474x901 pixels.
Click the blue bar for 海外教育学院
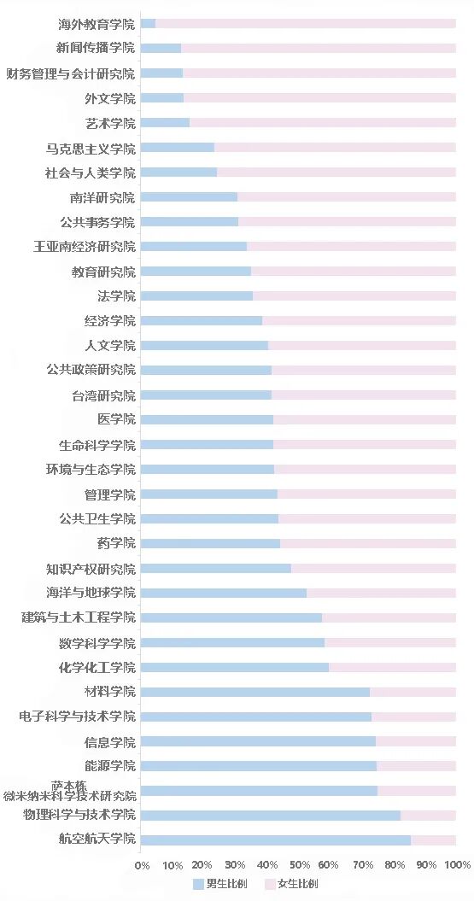click(x=148, y=24)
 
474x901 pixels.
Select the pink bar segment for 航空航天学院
click(x=433, y=840)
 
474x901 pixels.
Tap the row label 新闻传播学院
click(x=96, y=49)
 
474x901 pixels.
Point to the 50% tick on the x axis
click(x=298, y=865)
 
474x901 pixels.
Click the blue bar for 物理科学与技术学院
click(x=270, y=816)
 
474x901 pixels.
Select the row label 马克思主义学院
click(x=91, y=148)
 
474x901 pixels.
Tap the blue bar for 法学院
click(x=196, y=296)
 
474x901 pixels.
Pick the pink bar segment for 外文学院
click(x=319, y=98)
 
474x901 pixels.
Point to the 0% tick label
click(x=143, y=865)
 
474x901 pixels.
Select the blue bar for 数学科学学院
click(x=232, y=643)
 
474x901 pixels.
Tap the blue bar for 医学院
click(x=207, y=420)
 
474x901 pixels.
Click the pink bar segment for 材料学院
click(x=413, y=692)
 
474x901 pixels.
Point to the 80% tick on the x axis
click(x=394, y=865)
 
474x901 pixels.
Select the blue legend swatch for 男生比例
click(x=198, y=884)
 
